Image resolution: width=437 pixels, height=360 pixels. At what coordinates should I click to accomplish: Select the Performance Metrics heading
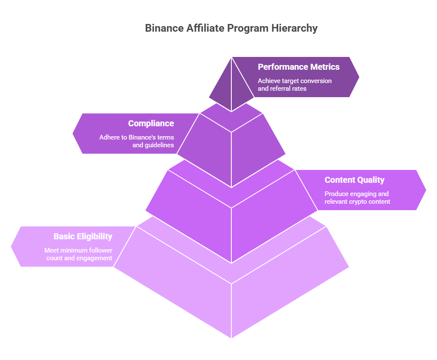pyautogui.click(x=299, y=67)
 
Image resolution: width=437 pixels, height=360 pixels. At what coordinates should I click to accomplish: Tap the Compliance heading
pyautogui.click(x=151, y=123)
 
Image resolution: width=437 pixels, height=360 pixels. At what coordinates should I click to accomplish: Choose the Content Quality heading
pyautogui.click(x=354, y=180)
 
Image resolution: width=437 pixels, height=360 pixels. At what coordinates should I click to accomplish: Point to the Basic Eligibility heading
pyautogui.click(x=83, y=236)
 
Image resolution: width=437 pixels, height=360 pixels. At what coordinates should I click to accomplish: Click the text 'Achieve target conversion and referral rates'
pyautogui.click(x=294, y=85)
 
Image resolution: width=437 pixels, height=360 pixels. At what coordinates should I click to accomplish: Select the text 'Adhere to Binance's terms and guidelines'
pyautogui.click(x=137, y=141)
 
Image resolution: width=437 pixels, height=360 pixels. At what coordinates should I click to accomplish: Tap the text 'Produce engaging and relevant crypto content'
pyautogui.click(x=357, y=198)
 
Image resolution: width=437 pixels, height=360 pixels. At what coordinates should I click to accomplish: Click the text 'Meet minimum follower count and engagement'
pyautogui.click(x=78, y=254)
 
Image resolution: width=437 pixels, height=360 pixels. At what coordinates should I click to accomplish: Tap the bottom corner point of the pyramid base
pyautogui.click(x=231, y=337)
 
